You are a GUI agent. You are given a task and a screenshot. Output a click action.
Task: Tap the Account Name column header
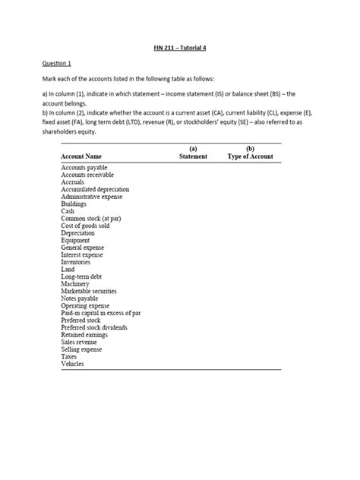(x=84, y=156)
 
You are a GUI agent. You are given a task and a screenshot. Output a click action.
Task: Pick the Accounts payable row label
(x=84, y=167)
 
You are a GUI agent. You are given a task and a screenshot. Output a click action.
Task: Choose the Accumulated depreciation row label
(x=95, y=189)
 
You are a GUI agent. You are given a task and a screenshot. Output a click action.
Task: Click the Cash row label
(x=68, y=211)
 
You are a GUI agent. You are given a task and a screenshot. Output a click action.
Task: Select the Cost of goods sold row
(x=85, y=226)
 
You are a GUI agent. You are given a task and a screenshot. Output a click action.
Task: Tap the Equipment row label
(x=75, y=240)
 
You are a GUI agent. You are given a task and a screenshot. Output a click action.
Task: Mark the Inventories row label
(x=76, y=262)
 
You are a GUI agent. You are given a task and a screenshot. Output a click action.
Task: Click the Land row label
(x=68, y=270)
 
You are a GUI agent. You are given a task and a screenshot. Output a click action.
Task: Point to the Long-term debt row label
(x=81, y=276)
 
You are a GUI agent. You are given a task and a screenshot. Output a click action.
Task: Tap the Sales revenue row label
(x=80, y=343)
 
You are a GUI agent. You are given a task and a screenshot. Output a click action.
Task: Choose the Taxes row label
(x=69, y=357)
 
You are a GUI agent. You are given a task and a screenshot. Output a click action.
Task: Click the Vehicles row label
(x=72, y=364)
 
